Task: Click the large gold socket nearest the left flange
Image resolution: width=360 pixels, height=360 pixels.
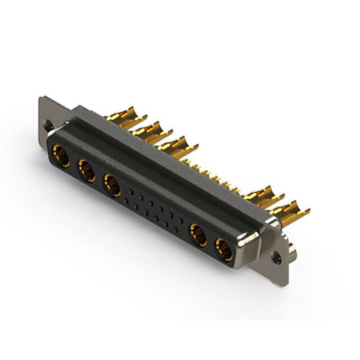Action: (x=61, y=156)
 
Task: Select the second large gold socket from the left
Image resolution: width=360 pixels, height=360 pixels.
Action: (x=87, y=170)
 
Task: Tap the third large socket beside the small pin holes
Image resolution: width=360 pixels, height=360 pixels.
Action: (x=112, y=185)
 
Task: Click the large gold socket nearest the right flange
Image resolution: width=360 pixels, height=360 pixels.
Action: (x=224, y=249)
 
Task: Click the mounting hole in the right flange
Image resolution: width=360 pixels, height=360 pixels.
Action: (x=276, y=258)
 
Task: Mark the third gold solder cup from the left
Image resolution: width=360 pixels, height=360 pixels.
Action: (x=177, y=146)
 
